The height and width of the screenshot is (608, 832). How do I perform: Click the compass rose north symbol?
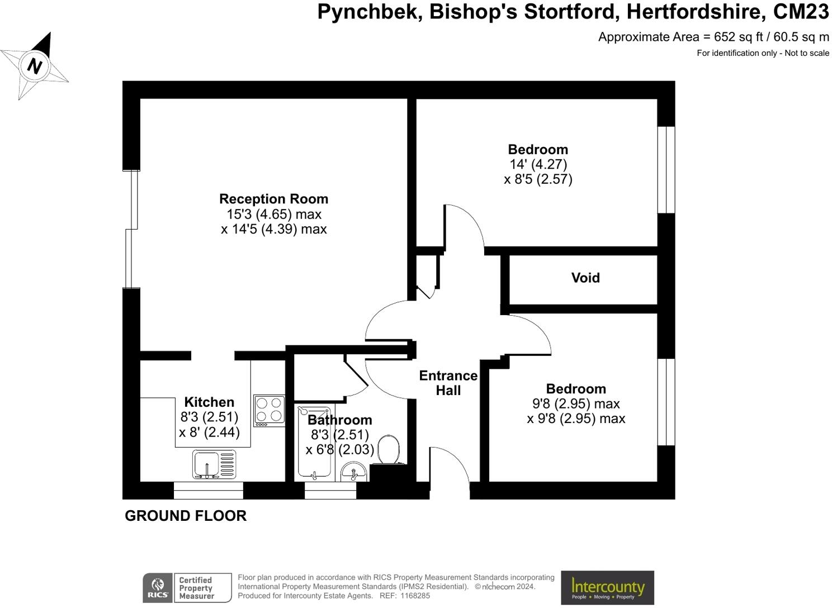(x=35, y=66)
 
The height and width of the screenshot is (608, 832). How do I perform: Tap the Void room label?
(x=585, y=278)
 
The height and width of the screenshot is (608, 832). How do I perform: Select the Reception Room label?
(x=273, y=199)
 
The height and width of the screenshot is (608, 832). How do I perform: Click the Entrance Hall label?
(x=448, y=383)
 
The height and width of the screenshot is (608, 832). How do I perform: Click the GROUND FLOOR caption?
(x=186, y=516)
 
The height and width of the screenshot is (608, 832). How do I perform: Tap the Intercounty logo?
(x=607, y=587)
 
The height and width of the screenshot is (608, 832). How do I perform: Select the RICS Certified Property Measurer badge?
(x=187, y=588)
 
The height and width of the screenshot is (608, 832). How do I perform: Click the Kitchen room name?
(x=209, y=402)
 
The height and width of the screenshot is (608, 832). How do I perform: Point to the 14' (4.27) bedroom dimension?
(x=538, y=164)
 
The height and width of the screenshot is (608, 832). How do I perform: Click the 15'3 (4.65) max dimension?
(x=273, y=214)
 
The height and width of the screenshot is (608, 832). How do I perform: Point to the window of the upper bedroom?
(x=665, y=170)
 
